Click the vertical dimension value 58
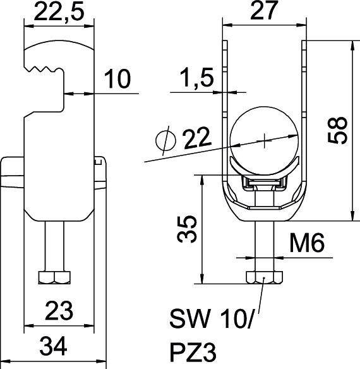(x=342, y=130)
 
